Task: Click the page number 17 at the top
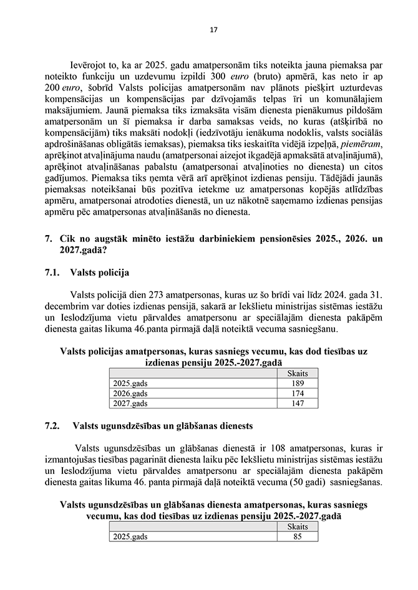(x=213, y=30)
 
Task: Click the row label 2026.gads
(x=130, y=394)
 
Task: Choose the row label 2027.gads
(x=130, y=404)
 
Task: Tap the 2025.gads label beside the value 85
(x=130, y=536)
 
